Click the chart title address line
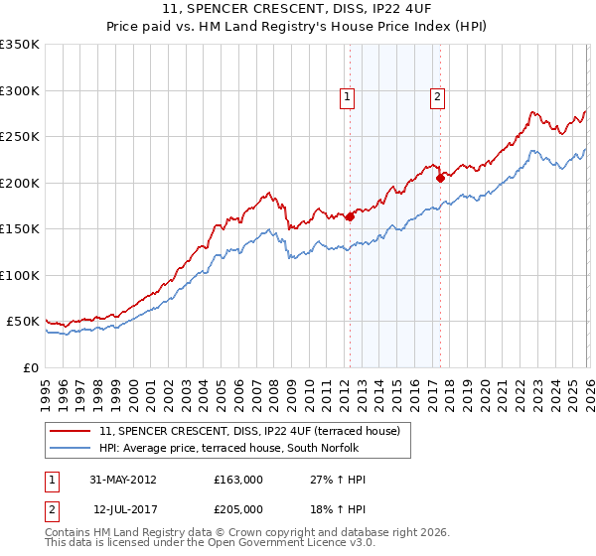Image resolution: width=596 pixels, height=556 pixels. pos(297,9)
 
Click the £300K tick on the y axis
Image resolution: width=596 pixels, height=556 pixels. pos(20,90)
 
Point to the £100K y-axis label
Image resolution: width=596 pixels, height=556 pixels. pos(20,275)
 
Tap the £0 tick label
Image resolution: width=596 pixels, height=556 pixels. pos(30,367)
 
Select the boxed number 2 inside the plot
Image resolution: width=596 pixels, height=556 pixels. pos(437,97)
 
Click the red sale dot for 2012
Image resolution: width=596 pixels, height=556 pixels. pos(350,216)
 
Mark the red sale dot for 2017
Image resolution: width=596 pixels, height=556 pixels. pos(439,178)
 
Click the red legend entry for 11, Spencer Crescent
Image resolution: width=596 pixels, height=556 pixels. pos(248,431)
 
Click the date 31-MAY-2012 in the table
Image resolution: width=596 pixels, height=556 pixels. pos(123,480)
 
